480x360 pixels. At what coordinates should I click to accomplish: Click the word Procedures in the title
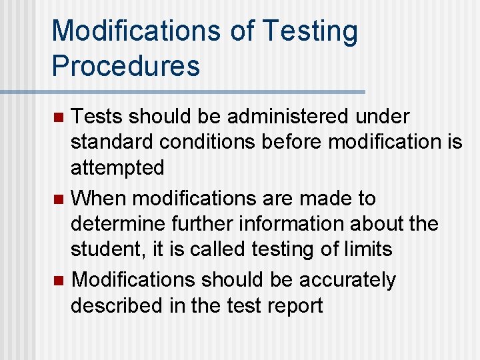point(125,65)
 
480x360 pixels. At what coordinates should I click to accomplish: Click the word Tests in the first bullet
point(97,117)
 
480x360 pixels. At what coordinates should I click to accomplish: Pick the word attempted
point(117,167)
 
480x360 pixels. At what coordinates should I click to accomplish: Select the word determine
point(119,223)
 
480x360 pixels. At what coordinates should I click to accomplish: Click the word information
point(313,223)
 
